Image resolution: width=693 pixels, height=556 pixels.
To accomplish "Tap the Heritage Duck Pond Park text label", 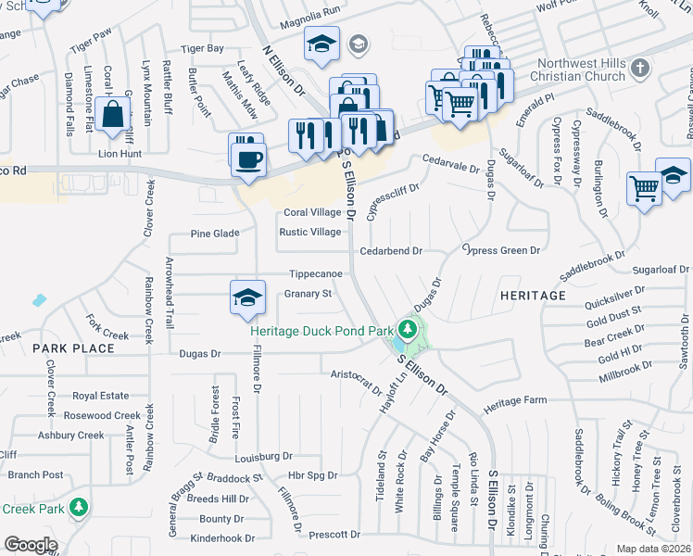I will (321, 331).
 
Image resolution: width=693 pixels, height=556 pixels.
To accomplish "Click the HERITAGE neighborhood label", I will (533, 295).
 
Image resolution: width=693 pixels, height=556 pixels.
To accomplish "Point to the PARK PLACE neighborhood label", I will (73, 348).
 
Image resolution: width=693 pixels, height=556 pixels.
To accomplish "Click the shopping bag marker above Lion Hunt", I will (113, 116).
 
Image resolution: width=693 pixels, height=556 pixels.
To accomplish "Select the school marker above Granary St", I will (246, 297).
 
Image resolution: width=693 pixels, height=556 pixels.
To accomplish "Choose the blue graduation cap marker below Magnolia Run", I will (321, 44).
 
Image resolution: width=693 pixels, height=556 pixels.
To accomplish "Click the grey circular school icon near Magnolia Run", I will (358, 44).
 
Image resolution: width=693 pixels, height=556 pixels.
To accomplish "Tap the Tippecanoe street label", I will (316, 274).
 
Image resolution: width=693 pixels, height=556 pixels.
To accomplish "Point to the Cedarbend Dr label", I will (390, 250).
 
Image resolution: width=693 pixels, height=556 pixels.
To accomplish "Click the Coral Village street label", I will (312, 212).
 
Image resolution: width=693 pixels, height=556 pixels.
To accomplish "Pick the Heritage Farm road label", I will (517, 407).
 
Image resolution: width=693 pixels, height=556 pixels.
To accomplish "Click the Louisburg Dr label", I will (263, 456).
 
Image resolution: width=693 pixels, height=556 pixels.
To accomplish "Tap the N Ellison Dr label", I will (283, 71).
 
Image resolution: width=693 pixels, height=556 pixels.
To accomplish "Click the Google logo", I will (30, 545).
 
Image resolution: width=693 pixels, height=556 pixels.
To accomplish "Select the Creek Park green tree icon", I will (81, 507).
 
